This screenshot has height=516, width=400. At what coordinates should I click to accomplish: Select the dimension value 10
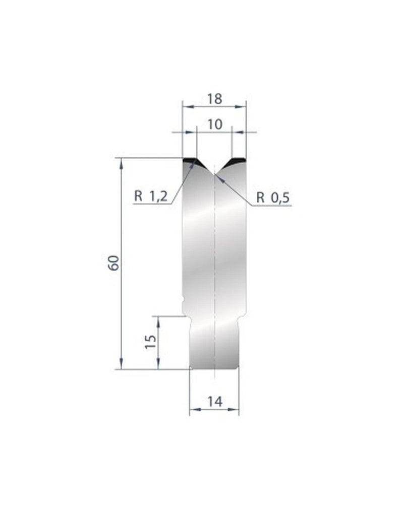pyautogui.click(x=214, y=124)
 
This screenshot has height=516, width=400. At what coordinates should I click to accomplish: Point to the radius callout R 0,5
pyautogui.click(x=272, y=198)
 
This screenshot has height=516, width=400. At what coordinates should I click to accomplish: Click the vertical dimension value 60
pyautogui.click(x=113, y=263)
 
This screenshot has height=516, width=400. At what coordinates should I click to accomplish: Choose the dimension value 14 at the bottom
pyautogui.click(x=214, y=402)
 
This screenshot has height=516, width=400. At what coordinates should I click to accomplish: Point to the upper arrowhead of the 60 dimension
pyautogui.click(x=122, y=162)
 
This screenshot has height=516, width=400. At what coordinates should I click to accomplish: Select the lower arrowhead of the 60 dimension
pyautogui.click(x=122, y=365)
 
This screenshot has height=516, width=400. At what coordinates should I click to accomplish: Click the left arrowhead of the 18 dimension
pyautogui.click(x=185, y=106)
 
